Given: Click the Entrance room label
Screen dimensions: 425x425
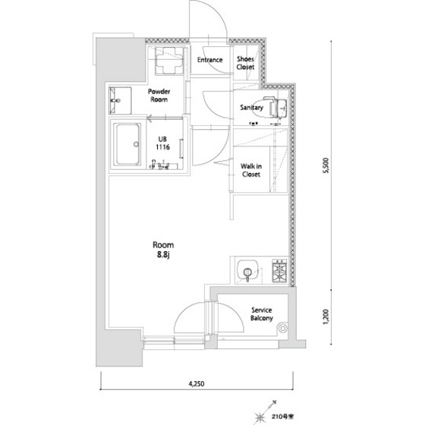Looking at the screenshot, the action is click(209, 60).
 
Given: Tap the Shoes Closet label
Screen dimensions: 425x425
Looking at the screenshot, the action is click(245, 63).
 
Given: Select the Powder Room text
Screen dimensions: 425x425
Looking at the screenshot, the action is click(159, 96).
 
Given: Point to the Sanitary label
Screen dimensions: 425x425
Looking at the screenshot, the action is click(251, 108).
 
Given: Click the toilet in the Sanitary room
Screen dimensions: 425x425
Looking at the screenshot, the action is click(275, 108).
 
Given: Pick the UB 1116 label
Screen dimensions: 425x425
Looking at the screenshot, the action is click(162, 143).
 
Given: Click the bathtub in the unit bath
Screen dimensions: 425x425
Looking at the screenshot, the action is click(127, 144).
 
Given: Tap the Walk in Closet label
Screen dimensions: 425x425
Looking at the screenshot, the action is click(251, 170).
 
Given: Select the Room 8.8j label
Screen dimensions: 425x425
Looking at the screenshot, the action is click(163, 250).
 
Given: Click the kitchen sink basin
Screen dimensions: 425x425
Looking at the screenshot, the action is click(247, 270).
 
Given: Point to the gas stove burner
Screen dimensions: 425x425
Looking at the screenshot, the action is click(279, 270).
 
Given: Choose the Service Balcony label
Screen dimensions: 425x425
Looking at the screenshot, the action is click(262, 314).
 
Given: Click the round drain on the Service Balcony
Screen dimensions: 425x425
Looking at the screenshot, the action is click(283, 329).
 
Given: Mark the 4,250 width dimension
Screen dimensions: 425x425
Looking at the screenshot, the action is click(197, 383).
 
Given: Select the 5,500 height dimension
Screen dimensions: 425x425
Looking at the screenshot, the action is click(326, 165).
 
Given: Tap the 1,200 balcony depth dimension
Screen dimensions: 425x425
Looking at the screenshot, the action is click(326, 316).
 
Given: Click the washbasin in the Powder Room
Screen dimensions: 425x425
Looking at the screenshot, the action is click(120, 100).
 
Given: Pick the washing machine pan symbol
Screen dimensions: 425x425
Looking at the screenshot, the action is click(169, 61).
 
